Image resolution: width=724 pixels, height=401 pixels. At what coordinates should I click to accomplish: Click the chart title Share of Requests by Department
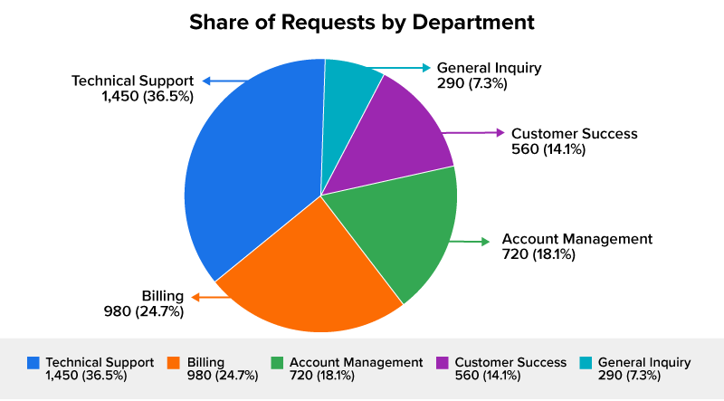(x=362, y=22)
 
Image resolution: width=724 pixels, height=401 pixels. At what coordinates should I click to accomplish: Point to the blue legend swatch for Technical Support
(x=33, y=363)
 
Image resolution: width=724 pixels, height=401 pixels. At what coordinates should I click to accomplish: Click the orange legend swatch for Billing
(x=173, y=363)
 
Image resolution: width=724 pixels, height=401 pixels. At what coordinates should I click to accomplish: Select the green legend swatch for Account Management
(x=277, y=363)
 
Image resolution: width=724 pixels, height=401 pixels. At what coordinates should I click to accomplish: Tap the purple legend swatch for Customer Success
(x=443, y=363)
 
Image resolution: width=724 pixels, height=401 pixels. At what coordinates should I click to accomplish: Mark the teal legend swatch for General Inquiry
(x=586, y=363)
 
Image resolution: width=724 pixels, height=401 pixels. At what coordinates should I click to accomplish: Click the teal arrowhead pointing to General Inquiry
(x=426, y=68)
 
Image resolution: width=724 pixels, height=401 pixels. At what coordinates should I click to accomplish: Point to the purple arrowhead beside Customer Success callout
(x=500, y=132)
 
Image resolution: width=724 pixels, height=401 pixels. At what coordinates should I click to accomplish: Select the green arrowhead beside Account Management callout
(x=485, y=242)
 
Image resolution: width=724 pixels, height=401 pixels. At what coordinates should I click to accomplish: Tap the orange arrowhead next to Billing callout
(x=195, y=297)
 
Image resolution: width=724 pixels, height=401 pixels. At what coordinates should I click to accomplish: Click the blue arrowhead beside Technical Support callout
(x=207, y=81)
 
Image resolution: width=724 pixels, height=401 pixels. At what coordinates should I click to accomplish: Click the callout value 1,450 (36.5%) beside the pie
(x=148, y=97)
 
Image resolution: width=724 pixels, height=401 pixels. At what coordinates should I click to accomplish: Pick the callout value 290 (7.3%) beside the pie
(x=472, y=83)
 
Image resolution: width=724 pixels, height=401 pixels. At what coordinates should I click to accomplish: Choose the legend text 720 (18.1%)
(x=322, y=376)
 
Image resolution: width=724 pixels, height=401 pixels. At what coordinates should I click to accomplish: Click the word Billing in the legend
(x=205, y=363)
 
